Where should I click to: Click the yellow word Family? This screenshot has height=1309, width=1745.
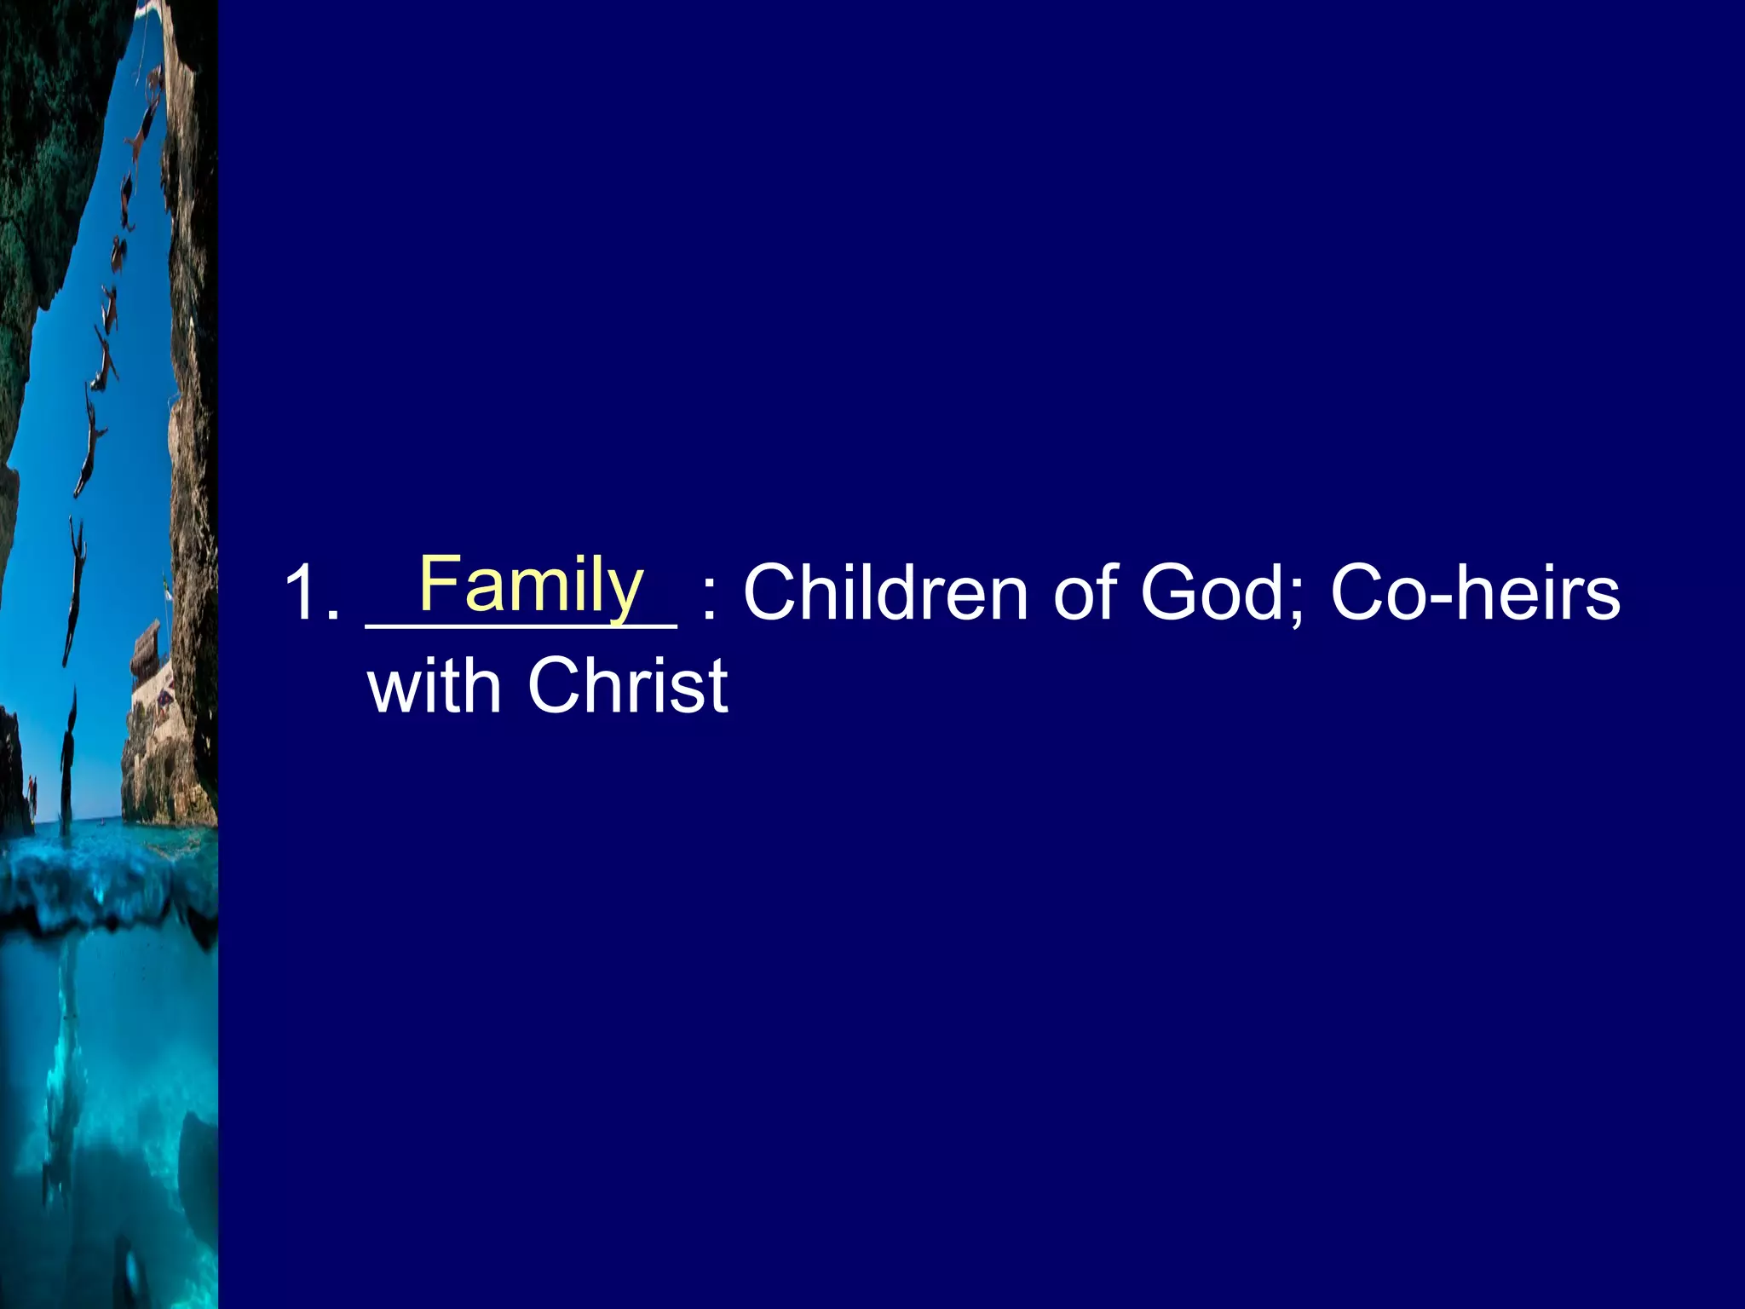531,584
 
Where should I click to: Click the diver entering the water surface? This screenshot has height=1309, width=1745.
67,758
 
